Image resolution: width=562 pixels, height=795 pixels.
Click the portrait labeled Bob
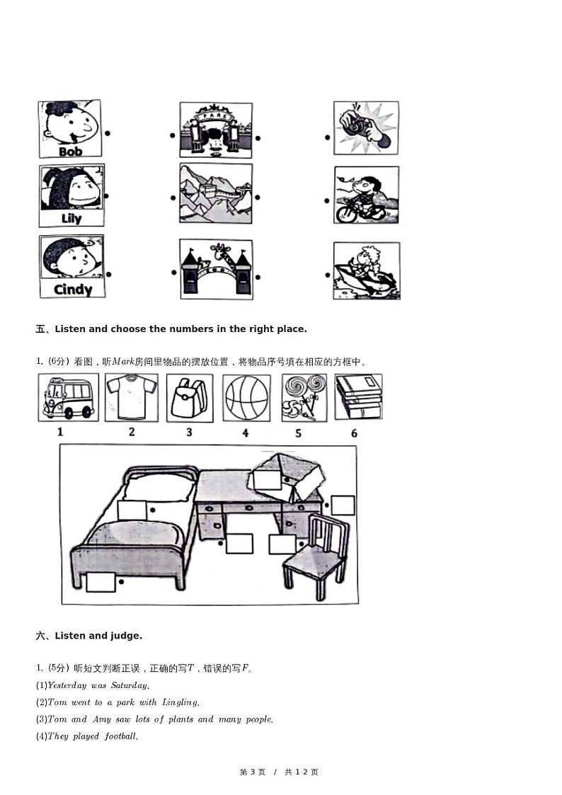[x=69, y=129]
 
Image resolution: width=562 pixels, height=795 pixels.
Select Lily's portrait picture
[x=71, y=195]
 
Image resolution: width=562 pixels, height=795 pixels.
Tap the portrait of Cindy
[x=71, y=266]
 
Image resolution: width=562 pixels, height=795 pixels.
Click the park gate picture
[x=215, y=130]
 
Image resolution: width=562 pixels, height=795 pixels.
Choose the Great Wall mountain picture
[x=215, y=193]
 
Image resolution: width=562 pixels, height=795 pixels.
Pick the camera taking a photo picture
[x=366, y=127]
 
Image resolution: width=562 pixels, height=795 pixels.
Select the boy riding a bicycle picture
[x=366, y=195]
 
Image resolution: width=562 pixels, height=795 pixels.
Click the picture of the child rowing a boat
[x=366, y=270]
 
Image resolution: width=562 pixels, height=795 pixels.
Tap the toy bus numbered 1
[x=68, y=397]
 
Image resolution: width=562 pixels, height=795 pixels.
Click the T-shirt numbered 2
[x=132, y=397]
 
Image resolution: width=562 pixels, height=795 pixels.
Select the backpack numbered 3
[x=189, y=398]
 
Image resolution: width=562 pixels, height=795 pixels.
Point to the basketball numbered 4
[x=246, y=398]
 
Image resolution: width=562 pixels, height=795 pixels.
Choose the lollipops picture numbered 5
[x=304, y=398]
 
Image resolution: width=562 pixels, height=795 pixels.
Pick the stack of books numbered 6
[x=358, y=397]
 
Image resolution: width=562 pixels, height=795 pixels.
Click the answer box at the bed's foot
[x=101, y=581]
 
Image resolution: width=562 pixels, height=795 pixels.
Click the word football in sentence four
[x=121, y=736]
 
